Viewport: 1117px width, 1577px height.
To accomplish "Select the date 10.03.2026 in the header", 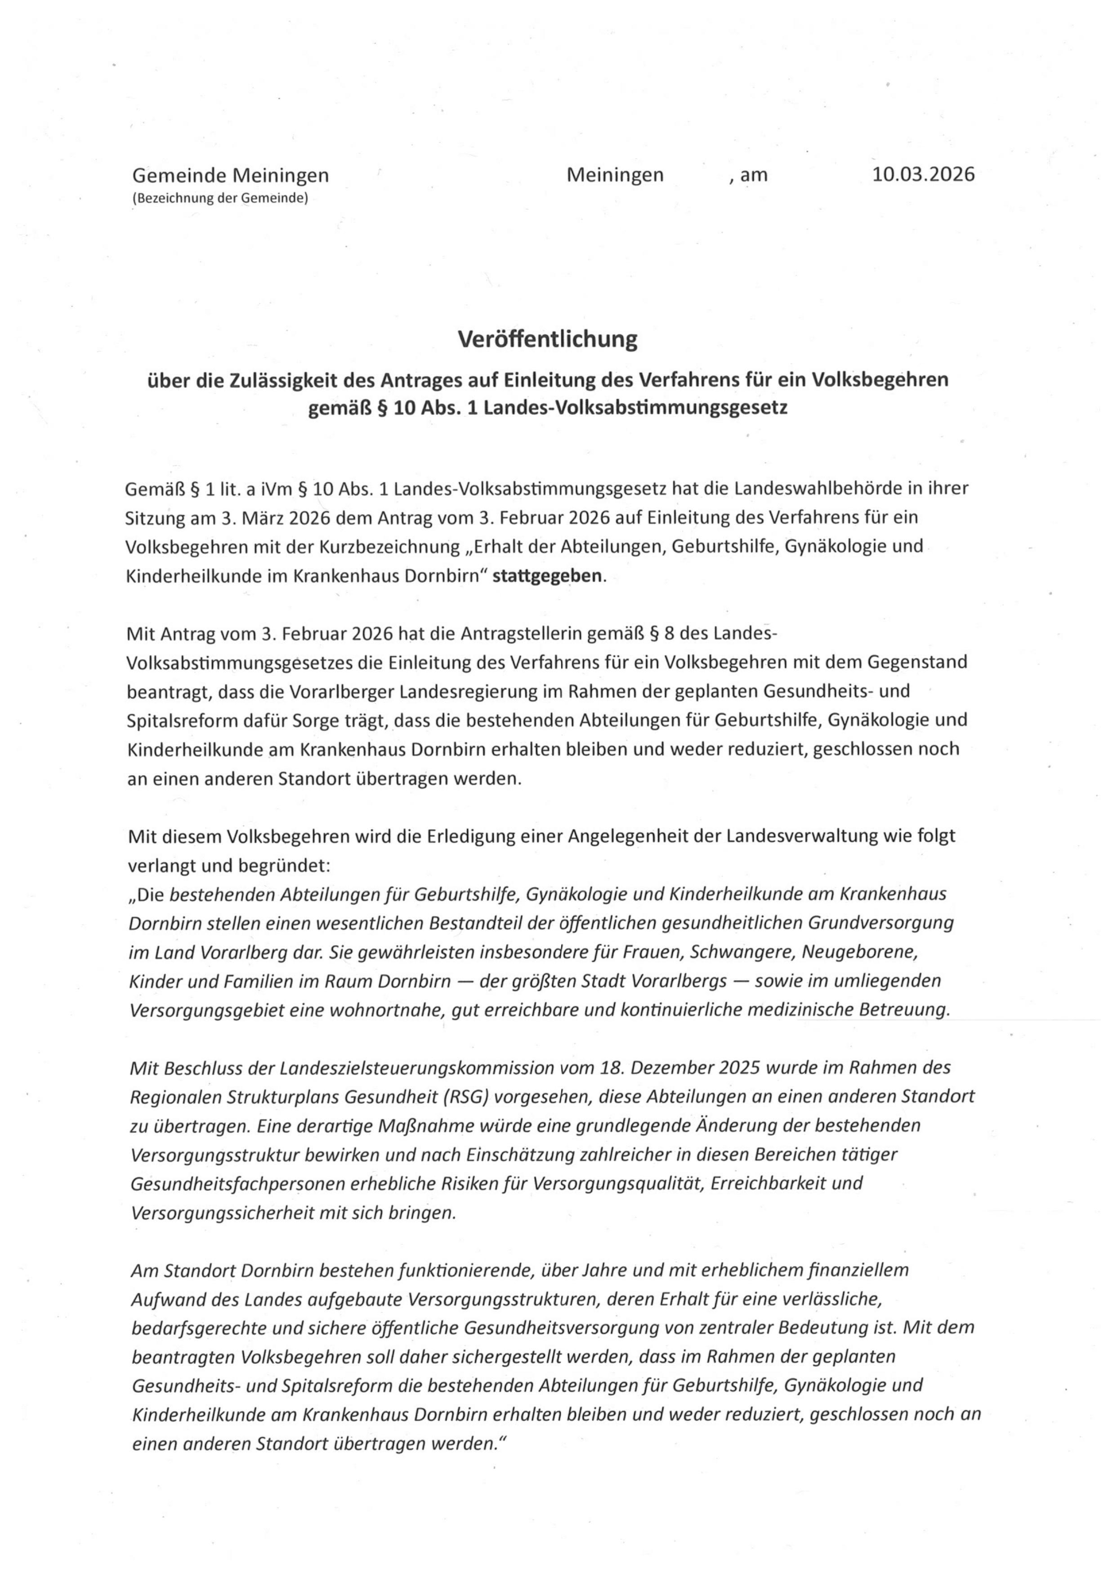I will pos(923,175).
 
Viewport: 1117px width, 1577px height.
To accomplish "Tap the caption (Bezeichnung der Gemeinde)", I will pos(220,199).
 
